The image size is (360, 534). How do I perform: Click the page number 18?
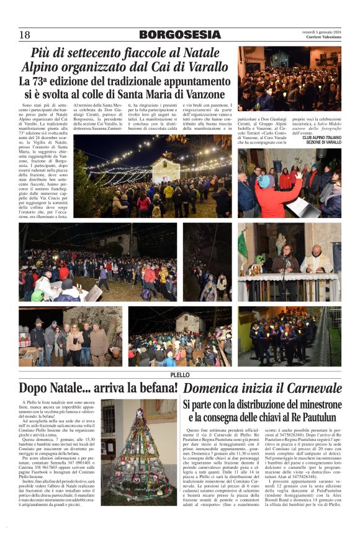[x=25, y=35]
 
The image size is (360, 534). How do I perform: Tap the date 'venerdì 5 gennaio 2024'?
[x=320, y=32]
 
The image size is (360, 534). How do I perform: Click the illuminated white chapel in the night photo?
[x=166, y=166]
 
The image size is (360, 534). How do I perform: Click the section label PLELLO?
[x=179, y=375]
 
